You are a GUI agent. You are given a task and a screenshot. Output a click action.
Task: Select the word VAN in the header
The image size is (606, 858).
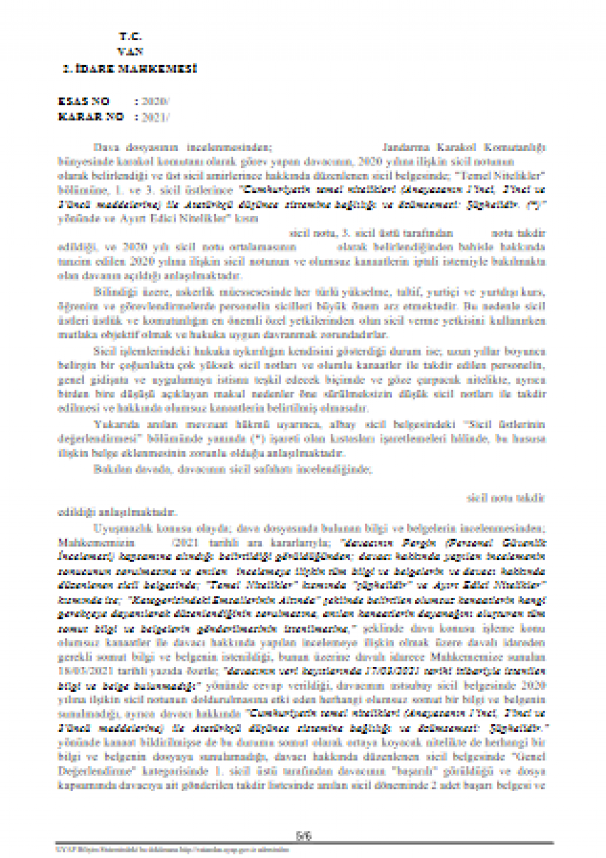[130, 52]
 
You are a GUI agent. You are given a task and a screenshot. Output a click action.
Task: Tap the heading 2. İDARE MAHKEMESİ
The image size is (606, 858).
[130, 69]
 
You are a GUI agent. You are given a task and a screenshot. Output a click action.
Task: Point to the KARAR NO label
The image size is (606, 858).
[91, 117]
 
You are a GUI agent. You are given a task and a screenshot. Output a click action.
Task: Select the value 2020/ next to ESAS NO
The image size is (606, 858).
[155, 102]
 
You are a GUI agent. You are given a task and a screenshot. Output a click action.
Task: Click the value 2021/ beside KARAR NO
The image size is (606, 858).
[155, 117]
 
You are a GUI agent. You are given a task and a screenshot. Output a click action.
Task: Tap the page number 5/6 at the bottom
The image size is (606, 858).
[304, 836]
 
